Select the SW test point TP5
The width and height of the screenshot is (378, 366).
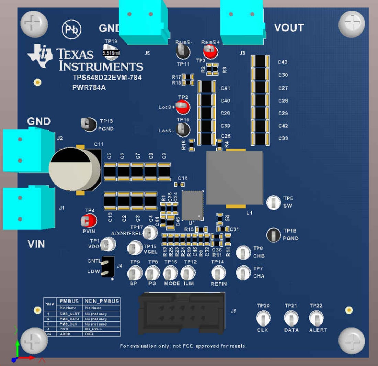pos(273,202)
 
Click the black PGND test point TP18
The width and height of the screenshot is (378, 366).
pos(273,235)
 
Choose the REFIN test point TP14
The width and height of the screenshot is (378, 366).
pos(218,274)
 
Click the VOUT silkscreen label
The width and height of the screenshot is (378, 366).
pos(289,27)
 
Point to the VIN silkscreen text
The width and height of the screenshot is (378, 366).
pos(36,244)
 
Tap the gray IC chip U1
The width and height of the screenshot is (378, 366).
pos(193,205)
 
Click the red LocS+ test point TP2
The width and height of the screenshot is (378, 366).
pos(182,107)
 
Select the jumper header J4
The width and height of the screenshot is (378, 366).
pos(107,266)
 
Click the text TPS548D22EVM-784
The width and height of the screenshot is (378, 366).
pos(107,78)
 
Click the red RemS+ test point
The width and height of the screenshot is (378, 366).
pos(210,52)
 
